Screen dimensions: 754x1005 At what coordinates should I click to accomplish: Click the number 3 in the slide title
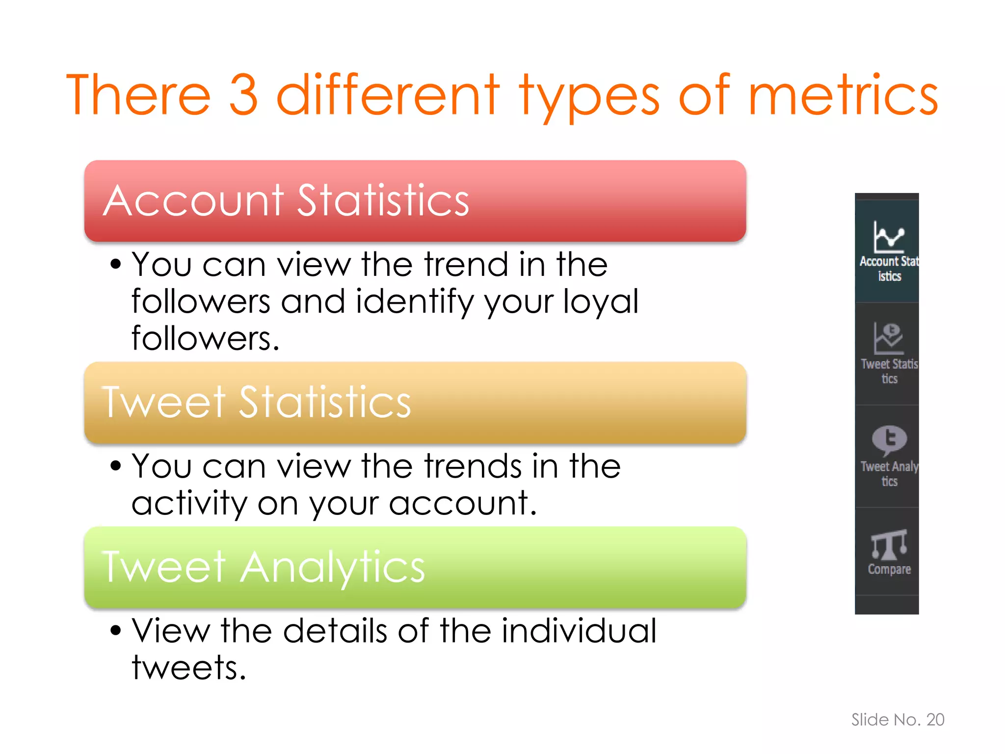click(244, 94)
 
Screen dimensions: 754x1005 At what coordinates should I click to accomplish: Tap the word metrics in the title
click(843, 94)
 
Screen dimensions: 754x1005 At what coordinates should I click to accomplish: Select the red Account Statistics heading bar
click(415, 201)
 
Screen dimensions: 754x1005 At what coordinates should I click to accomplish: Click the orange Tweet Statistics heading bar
click(415, 403)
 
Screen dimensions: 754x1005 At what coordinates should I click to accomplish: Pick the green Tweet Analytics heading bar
click(415, 567)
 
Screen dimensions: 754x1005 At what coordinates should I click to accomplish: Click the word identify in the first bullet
click(414, 301)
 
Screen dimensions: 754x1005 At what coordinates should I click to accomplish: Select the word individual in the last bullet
click(579, 631)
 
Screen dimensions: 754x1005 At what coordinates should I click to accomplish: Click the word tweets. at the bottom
click(188, 668)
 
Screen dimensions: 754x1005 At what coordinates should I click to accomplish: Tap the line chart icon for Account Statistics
click(889, 237)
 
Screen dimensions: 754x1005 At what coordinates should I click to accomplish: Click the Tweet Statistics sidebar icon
click(889, 338)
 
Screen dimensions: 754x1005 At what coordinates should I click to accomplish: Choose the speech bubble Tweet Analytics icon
click(889, 440)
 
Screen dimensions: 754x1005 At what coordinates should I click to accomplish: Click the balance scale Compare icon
click(889, 544)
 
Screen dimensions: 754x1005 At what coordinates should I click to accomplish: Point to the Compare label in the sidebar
click(889, 569)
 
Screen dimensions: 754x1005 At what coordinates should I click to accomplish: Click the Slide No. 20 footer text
click(898, 720)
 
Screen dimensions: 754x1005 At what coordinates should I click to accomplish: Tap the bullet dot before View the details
click(115, 630)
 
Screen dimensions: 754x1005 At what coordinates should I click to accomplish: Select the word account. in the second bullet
click(463, 504)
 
